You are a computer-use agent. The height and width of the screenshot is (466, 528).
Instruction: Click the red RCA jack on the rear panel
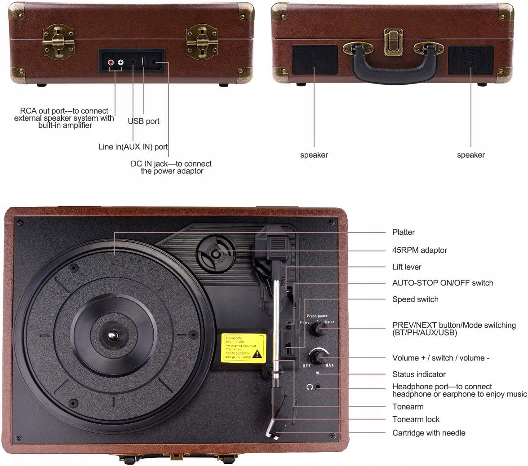pos(111,64)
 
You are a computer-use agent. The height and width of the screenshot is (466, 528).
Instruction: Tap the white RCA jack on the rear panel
pos(120,64)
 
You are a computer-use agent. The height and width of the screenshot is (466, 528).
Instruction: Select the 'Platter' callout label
pos(404,232)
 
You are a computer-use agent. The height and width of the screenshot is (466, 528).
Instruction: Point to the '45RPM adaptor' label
pos(420,250)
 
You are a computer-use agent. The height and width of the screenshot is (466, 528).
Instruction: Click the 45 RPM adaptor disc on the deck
pos(216,254)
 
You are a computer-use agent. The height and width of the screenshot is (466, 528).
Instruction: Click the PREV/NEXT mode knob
pos(318,330)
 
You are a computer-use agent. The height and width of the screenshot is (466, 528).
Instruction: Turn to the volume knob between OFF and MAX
pos(319,357)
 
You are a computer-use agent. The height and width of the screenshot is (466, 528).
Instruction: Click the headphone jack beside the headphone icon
pos(319,387)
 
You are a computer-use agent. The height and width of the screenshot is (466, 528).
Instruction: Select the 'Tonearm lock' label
pos(416,419)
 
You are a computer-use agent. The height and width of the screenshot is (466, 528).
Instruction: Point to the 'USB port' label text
pos(143,121)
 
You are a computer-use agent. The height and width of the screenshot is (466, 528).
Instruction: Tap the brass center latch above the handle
pos(393,42)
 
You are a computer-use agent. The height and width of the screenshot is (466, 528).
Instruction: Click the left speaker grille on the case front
pos(315,60)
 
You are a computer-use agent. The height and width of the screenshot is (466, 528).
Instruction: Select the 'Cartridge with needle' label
pos(429,433)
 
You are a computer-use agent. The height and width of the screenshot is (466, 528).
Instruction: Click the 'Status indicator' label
pos(419,374)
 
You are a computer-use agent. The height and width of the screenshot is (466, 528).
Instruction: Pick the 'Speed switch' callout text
pos(415,299)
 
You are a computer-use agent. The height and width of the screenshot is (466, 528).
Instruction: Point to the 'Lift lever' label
pos(407,267)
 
